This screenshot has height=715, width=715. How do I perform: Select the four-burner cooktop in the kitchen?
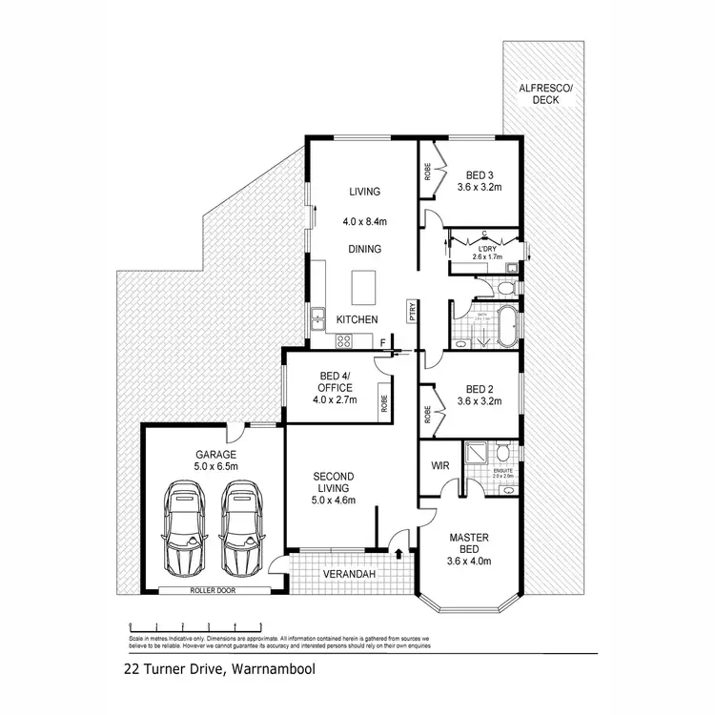(341, 341)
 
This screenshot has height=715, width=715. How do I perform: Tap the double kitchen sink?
(316, 321)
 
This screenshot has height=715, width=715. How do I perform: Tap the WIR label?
(440, 465)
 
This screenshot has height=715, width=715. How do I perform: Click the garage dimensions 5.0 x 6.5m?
(215, 466)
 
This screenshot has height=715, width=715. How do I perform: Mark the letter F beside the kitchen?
(383, 341)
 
